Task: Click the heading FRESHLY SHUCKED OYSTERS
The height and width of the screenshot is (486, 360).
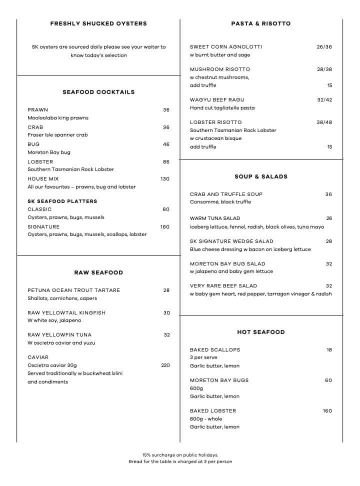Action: click(x=98, y=23)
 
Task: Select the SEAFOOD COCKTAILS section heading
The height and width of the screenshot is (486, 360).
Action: click(x=98, y=92)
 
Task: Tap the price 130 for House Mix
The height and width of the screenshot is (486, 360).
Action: click(x=165, y=179)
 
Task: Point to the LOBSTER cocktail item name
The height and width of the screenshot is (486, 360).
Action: click(x=40, y=162)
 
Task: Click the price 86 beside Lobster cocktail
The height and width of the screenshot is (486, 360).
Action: click(x=166, y=162)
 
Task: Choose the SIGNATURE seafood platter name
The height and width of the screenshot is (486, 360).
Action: click(x=43, y=227)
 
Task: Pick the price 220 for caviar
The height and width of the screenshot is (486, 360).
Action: click(x=165, y=365)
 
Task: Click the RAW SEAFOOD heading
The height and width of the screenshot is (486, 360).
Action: click(x=98, y=273)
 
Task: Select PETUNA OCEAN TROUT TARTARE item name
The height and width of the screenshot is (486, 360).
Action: click(x=73, y=290)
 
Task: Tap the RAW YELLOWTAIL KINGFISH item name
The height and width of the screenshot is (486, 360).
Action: click(x=66, y=313)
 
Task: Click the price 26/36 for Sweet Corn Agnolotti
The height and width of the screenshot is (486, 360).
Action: click(x=324, y=47)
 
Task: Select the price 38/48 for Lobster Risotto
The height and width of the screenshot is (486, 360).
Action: click(x=324, y=122)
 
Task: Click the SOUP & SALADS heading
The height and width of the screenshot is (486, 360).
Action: click(x=261, y=176)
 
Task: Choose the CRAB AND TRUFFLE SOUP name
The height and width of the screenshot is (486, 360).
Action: click(x=226, y=194)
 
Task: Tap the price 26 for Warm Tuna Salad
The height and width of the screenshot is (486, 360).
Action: click(x=329, y=218)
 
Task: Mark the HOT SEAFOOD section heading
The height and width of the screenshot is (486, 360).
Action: click(x=261, y=332)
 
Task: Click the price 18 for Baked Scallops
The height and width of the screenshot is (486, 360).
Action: click(x=329, y=350)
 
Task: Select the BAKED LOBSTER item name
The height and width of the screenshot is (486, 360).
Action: click(x=213, y=411)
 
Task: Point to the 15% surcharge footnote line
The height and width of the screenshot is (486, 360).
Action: click(x=180, y=455)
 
